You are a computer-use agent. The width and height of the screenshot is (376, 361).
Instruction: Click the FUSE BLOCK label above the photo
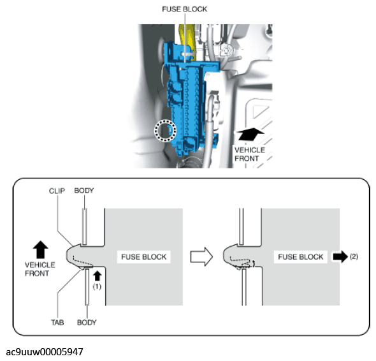point(184,9)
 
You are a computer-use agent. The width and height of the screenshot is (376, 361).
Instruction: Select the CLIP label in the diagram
point(57,191)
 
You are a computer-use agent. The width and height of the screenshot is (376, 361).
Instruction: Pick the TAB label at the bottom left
point(57,322)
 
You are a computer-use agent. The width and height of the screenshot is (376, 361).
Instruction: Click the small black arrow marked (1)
point(97,276)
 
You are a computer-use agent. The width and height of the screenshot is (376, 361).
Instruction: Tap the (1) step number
point(97,286)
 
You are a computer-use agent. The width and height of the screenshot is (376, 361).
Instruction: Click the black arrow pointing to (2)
point(340,256)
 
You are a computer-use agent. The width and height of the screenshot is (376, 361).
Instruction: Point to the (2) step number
point(354,256)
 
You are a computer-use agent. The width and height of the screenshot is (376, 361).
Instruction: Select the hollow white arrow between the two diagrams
point(201,256)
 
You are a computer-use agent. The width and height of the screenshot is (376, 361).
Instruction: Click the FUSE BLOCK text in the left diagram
point(143,257)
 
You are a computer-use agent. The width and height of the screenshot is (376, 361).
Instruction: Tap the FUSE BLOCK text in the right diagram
point(301,257)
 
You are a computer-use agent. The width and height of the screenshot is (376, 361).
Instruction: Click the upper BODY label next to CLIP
point(84,191)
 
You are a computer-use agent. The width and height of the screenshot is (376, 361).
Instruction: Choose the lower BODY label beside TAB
point(87,322)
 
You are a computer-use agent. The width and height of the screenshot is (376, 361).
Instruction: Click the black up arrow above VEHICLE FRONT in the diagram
point(41,249)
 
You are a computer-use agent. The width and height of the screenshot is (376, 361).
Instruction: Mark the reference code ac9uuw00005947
point(45,352)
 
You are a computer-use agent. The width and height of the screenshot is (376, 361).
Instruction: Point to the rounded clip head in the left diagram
point(72,256)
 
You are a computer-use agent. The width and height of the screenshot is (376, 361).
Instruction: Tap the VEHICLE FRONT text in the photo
point(250,154)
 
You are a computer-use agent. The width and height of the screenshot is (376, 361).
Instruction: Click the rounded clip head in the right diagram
point(229,256)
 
